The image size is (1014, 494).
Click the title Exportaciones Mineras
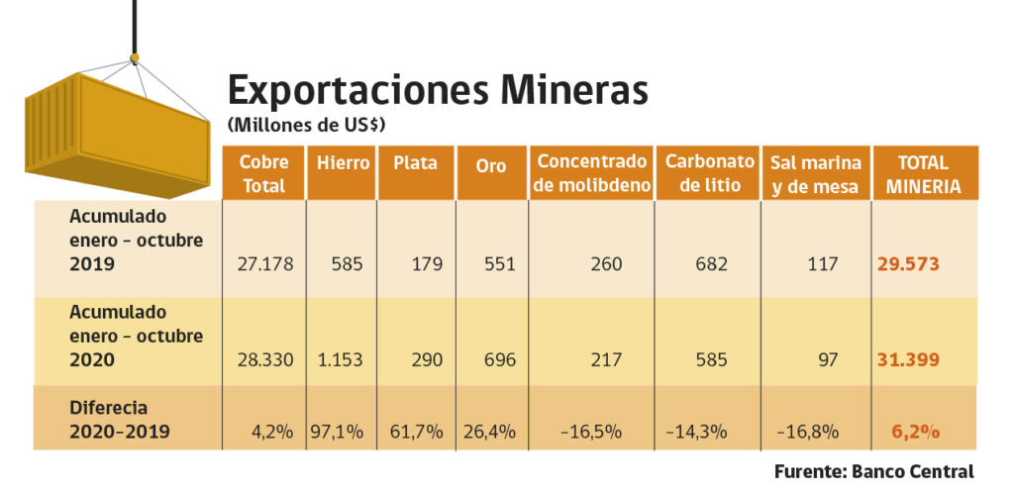coord(438,90)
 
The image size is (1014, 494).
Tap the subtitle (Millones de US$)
coord(306,126)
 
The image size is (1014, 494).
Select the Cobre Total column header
coord(262,173)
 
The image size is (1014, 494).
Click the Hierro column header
coord(341,162)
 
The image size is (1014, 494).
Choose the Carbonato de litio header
coord(705,173)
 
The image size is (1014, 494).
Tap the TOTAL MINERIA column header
coord(924,173)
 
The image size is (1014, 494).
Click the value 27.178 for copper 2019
coord(264,264)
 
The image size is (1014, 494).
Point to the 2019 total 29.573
coord(907,264)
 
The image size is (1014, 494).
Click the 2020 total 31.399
coord(907,359)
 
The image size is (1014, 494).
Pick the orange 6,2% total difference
coord(915,432)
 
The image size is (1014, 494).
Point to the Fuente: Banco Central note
coord(874,471)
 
